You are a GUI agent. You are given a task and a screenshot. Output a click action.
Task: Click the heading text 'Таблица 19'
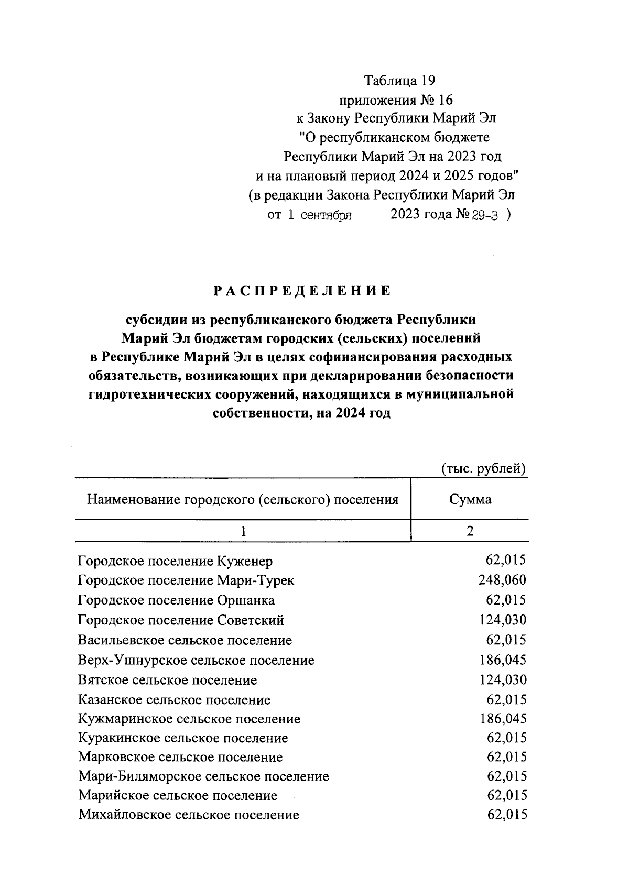[x=400, y=81]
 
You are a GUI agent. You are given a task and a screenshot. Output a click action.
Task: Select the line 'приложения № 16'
[x=396, y=100]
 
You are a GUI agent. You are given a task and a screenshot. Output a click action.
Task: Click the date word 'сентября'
[x=326, y=215]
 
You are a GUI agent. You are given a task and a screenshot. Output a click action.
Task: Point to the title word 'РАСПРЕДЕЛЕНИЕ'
[x=302, y=291]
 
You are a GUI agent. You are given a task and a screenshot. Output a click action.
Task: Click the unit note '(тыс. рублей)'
[x=483, y=468]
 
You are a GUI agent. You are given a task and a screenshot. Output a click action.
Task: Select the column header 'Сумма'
[x=470, y=499]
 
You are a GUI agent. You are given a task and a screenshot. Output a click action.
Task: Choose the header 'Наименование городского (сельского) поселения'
[x=242, y=499]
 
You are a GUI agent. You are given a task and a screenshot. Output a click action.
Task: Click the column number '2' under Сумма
[x=470, y=531]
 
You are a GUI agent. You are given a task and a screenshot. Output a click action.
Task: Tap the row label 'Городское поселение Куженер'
[x=175, y=562]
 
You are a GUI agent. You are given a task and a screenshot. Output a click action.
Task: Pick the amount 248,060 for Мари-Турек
[x=502, y=580]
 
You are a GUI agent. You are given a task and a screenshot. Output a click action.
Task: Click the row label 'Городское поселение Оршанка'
[x=176, y=600]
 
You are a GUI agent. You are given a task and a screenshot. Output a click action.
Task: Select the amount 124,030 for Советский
[x=502, y=620]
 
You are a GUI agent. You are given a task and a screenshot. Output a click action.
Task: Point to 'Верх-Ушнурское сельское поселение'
[x=196, y=660]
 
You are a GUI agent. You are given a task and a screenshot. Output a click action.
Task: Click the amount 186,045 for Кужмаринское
[x=502, y=718]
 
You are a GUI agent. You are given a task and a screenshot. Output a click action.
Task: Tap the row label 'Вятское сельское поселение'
[x=167, y=680]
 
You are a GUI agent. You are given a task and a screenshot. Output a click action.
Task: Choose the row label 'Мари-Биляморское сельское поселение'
[x=203, y=776]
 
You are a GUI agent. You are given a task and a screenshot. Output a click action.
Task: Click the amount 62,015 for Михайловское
[x=506, y=815]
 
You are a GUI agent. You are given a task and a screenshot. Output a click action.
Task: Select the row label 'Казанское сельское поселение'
[x=174, y=700]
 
